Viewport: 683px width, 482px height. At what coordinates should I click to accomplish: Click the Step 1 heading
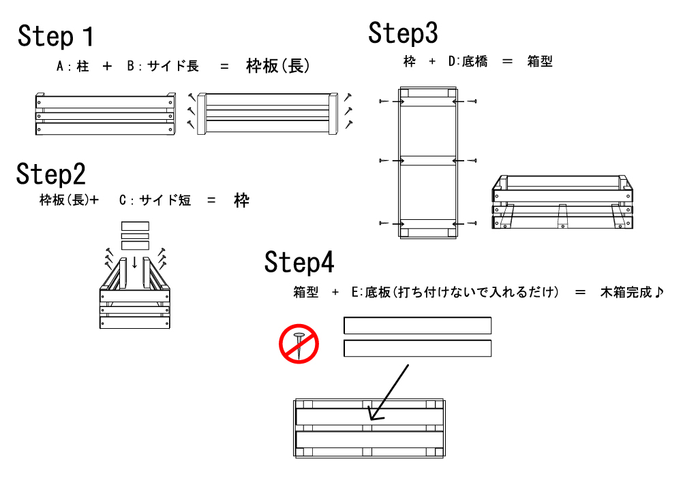pos(55,36)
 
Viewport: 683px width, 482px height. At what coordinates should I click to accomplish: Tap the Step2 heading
pos(51,174)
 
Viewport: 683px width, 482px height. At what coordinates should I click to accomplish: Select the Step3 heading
pos(403,33)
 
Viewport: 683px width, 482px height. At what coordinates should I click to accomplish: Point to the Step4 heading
pos(299,262)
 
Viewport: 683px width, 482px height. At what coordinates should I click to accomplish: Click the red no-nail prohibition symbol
pos(299,344)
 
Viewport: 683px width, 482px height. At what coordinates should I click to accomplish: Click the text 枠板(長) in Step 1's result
pos(278,66)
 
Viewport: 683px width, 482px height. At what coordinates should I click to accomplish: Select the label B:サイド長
pos(163,66)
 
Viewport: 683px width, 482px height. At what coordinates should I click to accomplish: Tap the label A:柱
pos(73,66)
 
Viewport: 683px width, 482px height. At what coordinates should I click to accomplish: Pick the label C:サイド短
pos(155,200)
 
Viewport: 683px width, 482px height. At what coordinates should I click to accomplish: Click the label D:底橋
pos(468,61)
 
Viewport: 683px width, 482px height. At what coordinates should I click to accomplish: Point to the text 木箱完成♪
pos(632,292)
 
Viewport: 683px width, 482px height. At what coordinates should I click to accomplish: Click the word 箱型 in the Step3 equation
pos(540,61)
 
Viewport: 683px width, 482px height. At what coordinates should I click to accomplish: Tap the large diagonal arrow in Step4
pos(389,392)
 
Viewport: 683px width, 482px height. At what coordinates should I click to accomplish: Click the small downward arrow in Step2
pos(134,262)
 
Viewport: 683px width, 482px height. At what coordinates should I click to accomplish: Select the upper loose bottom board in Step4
pos(417,325)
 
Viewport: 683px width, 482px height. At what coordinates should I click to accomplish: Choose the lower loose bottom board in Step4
pos(417,349)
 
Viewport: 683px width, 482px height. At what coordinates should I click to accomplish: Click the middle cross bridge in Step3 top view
pos(428,161)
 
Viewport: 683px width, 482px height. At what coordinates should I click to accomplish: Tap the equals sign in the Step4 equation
pos(580,292)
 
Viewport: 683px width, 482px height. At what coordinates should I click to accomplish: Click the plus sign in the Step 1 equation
pos(107,66)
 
